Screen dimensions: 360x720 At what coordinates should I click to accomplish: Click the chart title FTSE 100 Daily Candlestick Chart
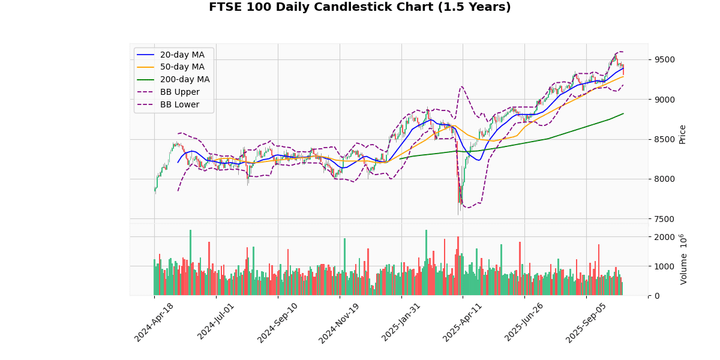pyautogui.click(x=360, y=7)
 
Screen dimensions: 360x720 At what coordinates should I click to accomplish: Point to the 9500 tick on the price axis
pyautogui.click(x=664, y=59)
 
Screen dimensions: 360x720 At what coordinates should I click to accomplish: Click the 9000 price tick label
pyautogui.click(x=664, y=100)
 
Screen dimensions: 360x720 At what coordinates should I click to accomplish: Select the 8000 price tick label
pyautogui.click(x=664, y=179)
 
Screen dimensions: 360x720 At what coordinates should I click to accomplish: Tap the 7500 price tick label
pyautogui.click(x=664, y=219)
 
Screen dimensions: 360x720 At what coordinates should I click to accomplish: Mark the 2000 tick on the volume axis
pyautogui.click(x=664, y=237)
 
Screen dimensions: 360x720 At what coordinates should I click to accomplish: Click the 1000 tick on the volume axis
pyautogui.click(x=664, y=266)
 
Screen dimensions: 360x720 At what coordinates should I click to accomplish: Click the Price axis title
pyautogui.click(x=682, y=134)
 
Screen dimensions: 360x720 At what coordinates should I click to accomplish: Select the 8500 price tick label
pyautogui.click(x=664, y=139)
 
